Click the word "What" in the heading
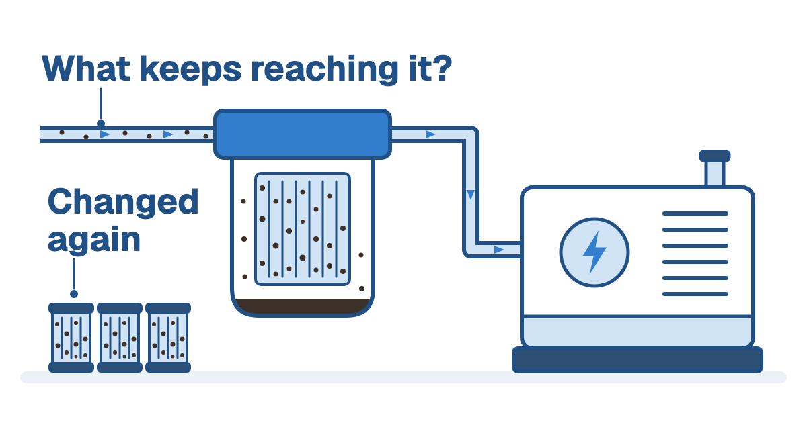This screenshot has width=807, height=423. point(86,68)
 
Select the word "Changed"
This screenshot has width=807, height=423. point(123,203)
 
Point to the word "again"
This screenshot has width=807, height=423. point(93,240)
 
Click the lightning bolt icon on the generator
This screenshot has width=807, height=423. point(594,252)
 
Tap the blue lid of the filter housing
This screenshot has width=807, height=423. point(303,134)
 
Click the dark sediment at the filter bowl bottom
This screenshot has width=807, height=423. point(303,307)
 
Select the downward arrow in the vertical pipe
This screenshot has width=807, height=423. point(471,195)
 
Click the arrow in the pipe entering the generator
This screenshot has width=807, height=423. point(499,250)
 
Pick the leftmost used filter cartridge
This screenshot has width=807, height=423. point(71,337)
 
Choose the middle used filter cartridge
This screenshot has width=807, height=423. point(120,337)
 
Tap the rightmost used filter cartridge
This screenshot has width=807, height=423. point(168,337)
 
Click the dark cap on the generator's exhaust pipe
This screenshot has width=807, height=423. point(715,156)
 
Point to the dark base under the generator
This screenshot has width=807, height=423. point(638,360)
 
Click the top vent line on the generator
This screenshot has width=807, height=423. point(695,214)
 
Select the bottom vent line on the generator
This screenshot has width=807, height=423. point(695,294)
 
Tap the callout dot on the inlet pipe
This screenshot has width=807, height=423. point(101,124)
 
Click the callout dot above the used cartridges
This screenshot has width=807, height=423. point(74,294)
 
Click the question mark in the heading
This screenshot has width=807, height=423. point(443,68)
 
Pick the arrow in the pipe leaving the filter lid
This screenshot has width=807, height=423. point(430,134)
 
